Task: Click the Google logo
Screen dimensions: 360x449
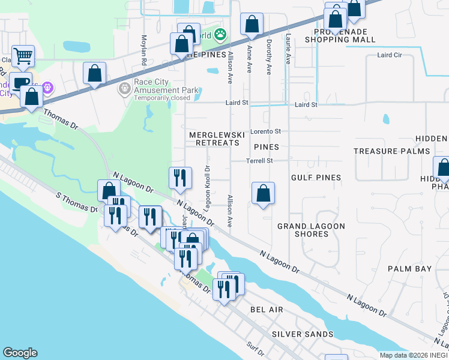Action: (x=20, y=353)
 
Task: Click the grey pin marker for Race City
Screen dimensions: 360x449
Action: (x=124, y=89)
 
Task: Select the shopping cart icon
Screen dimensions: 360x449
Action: (x=23, y=56)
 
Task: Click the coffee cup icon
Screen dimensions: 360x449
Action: (x=20, y=83)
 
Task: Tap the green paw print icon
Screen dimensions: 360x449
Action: (x=221, y=35)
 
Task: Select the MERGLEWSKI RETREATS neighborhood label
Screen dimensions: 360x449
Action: (x=217, y=140)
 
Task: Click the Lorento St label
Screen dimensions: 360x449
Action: (x=265, y=131)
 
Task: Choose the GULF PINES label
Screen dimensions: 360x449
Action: (x=316, y=178)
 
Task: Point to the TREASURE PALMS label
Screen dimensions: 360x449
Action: (x=392, y=152)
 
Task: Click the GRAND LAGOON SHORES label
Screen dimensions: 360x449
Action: (x=311, y=230)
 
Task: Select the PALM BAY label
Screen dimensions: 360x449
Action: (x=409, y=269)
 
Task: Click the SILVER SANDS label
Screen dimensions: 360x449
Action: (x=303, y=334)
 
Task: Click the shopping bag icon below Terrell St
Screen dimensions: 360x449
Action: (x=263, y=193)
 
